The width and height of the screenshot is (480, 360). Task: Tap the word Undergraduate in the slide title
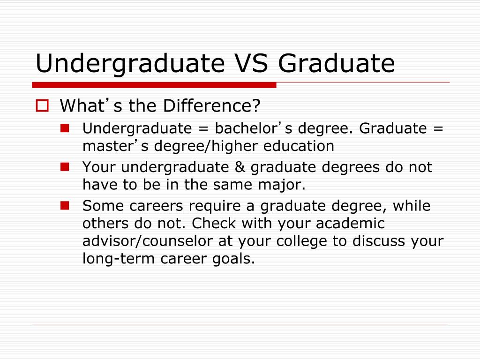point(130,64)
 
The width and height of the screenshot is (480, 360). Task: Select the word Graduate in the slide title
point(337,63)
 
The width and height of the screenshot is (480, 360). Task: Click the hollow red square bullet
point(42,105)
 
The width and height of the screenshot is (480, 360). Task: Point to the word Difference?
point(211,105)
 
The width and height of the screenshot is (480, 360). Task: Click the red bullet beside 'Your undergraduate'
point(65,167)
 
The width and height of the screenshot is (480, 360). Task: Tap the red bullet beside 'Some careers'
point(65,205)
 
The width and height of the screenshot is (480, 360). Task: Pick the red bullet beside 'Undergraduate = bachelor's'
point(65,128)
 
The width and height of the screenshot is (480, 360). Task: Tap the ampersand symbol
point(240,167)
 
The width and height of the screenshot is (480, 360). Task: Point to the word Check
point(214,223)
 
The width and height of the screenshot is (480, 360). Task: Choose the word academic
point(350,223)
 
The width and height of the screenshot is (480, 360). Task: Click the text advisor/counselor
point(148,240)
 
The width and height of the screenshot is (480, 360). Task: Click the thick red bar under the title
point(154,85)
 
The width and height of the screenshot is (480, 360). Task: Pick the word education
point(299,146)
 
